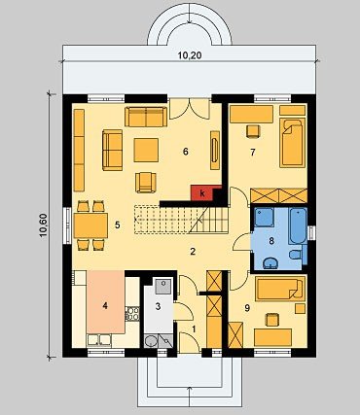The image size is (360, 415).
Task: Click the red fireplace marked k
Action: tap(202, 193)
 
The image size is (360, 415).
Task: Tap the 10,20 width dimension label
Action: tap(190, 55)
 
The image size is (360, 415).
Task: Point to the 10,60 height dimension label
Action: tap(44, 225)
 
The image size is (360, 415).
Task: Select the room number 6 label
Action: tap(186, 152)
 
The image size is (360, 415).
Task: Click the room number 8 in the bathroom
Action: tap(271, 241)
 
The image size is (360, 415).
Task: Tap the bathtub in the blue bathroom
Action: tap(298, 225)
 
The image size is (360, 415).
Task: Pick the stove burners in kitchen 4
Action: tap(132, 314)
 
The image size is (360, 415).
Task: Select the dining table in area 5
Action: tap(90, 225)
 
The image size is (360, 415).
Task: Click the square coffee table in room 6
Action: tap(146, 150)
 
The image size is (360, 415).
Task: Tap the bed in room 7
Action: tap(293, 143)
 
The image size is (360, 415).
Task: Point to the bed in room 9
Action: tap(280, 289)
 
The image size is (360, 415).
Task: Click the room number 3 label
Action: tap(158, 306)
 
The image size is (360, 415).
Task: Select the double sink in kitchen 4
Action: tap(99, 340)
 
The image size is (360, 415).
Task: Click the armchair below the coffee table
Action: tap(146, 183)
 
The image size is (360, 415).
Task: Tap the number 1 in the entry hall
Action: tap(194, 329)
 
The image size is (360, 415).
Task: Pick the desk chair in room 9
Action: tap(271, 320)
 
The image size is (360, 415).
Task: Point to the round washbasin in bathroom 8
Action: tap(270, 263)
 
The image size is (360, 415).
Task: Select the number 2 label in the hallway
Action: tap(193, 252)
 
